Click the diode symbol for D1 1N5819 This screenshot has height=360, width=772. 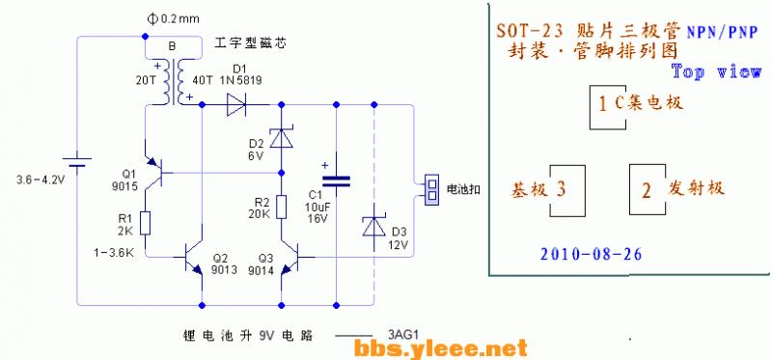(237, 104)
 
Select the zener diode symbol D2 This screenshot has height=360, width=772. (281, 139)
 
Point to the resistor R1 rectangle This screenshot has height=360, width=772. (145, 223)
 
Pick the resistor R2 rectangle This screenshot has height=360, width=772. (281, 207)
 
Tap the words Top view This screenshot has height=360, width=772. (716, 71)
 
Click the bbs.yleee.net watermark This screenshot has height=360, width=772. (441, 346)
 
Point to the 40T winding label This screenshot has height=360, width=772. (204, 80)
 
